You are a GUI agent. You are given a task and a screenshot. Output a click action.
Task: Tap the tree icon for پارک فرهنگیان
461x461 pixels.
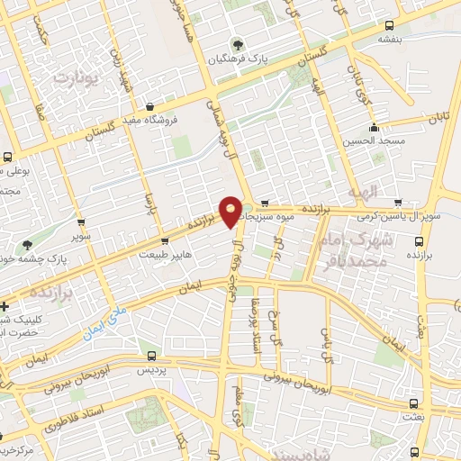(x=238, y=43)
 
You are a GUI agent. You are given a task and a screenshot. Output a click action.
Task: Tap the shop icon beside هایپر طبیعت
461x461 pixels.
(x=164, y=240)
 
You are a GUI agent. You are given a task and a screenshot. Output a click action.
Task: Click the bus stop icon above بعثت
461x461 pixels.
(x=413, y=403)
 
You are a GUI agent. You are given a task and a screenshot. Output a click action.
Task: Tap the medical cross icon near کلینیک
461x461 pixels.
(x=5, y=306)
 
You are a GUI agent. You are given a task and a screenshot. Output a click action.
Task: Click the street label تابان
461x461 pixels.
(x=438, y=117)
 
